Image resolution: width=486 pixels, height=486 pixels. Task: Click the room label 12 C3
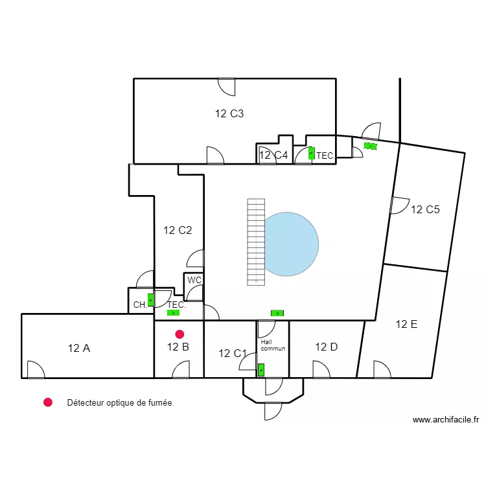click(229, 114)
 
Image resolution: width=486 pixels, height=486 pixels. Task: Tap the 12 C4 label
click(273, 156)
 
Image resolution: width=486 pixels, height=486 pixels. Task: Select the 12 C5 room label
click(425, 209)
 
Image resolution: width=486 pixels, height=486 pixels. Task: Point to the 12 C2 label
click(178, 230)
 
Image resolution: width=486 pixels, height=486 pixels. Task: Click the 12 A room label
click(78, 348)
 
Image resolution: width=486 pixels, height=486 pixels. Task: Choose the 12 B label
click(178, 347)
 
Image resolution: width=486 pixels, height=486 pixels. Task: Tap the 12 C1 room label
click(233, 354)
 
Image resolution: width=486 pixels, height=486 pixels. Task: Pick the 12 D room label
click(326, 347)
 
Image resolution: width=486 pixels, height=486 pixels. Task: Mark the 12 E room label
click(406, 325)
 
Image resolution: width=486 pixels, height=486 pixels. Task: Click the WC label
click(194, 281)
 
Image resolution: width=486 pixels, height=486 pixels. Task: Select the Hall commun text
click(272, 345)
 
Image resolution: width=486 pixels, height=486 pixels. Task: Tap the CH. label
click(140, 305)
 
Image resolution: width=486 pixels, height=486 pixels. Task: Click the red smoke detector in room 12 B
click(179, 334)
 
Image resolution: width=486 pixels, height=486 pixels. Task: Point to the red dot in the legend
click(47, 402)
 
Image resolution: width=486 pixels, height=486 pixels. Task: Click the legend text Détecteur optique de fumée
click(120, 403)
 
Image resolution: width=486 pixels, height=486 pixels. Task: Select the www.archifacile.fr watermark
click(446, 420)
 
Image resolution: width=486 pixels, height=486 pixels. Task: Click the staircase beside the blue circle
click(256, 242)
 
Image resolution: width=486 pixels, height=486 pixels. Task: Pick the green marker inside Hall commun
click(261, 370)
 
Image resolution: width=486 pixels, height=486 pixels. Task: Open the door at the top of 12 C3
click(226, 86)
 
